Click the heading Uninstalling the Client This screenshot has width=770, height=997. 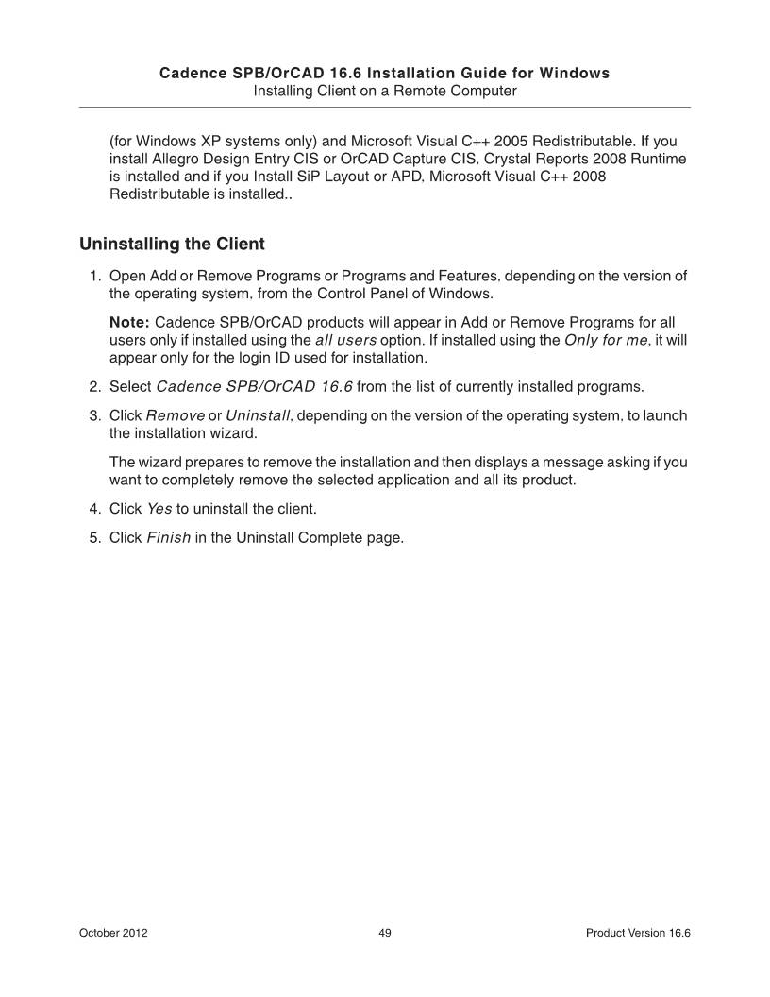173,245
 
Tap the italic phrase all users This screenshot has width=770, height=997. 345,341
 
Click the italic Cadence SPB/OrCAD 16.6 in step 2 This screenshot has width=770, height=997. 254,387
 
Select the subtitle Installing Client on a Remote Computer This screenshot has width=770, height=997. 384,91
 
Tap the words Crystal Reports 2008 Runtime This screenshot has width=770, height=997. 595,160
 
